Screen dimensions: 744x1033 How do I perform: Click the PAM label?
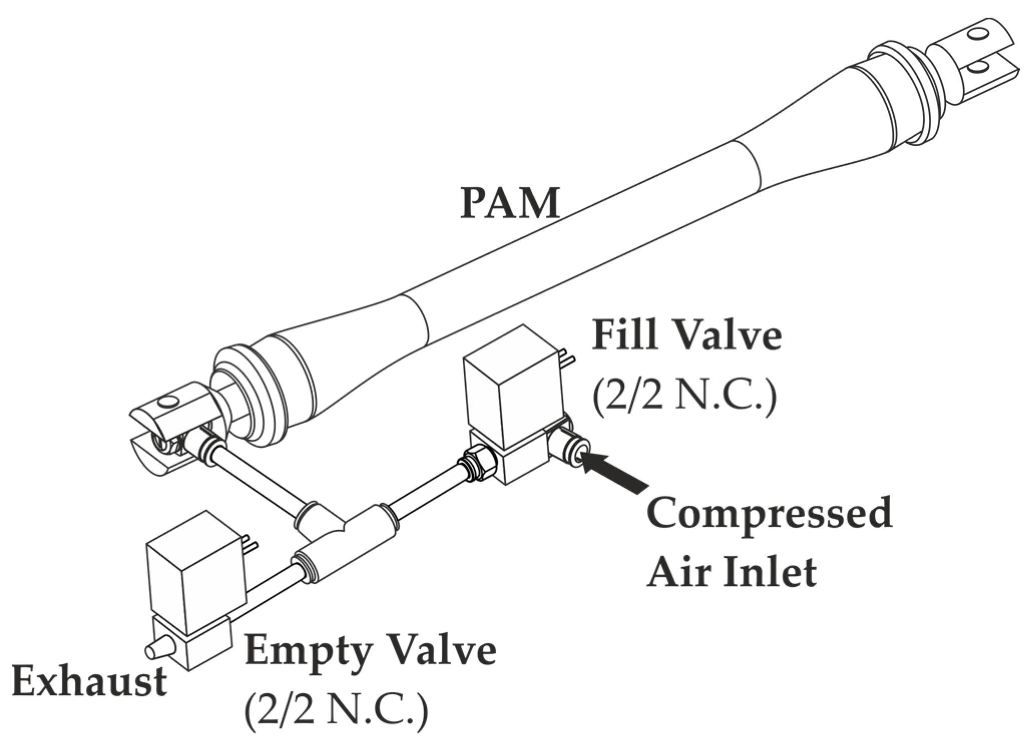coord(510,203)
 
